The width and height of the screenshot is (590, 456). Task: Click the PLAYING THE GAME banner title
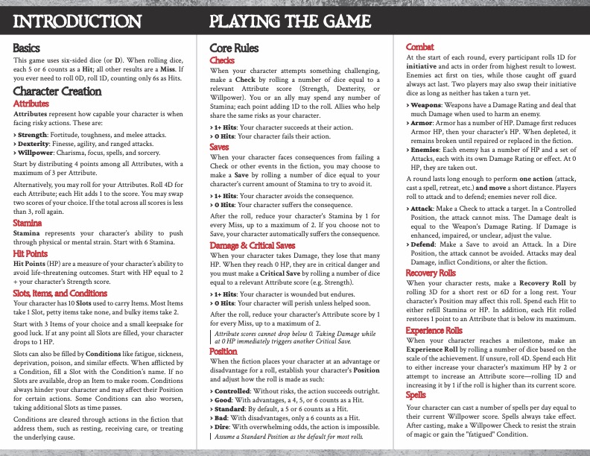point(291,21)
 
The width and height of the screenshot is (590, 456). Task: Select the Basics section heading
point(28,47)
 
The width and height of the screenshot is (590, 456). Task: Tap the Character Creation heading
point(57,92)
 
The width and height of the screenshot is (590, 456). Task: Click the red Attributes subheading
point(33,104)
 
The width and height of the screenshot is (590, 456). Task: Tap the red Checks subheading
point(223,59)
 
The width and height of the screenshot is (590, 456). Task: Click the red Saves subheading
point(220,148)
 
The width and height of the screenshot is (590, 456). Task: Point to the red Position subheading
point(223,350)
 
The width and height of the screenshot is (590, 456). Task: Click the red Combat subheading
point(420,47)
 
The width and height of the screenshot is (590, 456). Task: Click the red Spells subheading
point(417,395)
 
